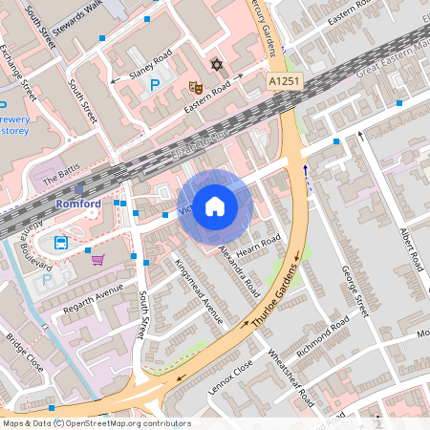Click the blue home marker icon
click(215, 205)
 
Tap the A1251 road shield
click(283, 83)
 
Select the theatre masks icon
click(195, 87)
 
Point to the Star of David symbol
click(216, 65)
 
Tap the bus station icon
click(61, 242)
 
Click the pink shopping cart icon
click(97, 259)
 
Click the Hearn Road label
click(255, 247)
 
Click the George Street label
click(355, 291)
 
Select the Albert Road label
click(413, 248)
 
